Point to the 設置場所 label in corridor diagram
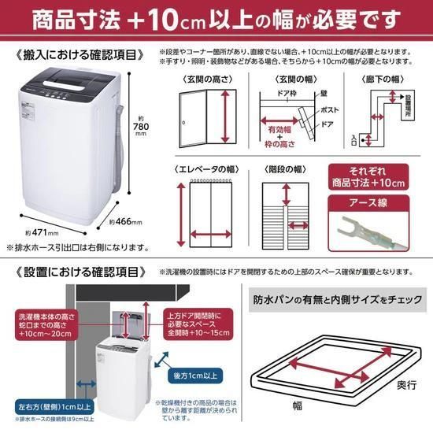pos(407,108)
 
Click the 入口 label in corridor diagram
pos(353,139)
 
